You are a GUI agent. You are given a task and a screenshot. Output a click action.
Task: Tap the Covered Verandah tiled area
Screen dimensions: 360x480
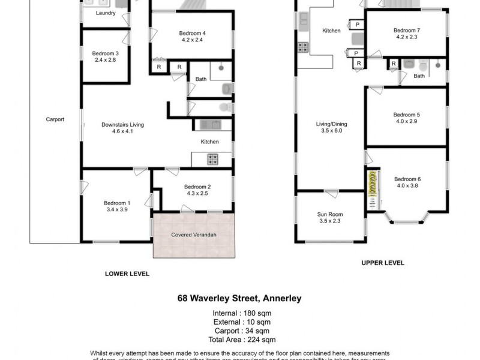tap(193, 235)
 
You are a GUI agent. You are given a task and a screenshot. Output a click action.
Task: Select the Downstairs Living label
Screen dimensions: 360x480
tap(122, 124)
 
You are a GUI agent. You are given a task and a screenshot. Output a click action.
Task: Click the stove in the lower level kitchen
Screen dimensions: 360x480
tap(212, 160)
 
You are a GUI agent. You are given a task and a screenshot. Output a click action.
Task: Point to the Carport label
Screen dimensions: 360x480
tap(55, 119)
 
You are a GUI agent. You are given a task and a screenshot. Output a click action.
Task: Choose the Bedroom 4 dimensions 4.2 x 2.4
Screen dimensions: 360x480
tap(192, 41)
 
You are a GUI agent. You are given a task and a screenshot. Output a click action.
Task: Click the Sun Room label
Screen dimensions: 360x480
tap(330, 214)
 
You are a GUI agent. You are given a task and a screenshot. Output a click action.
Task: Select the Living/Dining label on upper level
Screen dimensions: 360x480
tap(332, 124)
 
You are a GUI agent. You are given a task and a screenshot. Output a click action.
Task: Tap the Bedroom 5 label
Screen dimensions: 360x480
tap(407, 114)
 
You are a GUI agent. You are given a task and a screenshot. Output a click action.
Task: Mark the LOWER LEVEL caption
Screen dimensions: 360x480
tap(127, 274)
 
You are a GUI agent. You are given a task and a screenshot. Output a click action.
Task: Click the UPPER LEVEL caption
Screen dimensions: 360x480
tap(382, 263)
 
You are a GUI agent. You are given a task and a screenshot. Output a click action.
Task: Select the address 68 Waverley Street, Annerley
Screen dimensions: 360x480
tap(239, 297)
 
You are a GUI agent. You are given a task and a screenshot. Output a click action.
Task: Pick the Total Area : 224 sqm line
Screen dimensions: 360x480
tap(241, 338)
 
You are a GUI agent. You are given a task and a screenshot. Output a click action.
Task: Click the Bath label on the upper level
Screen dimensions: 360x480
tap(419, 76)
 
